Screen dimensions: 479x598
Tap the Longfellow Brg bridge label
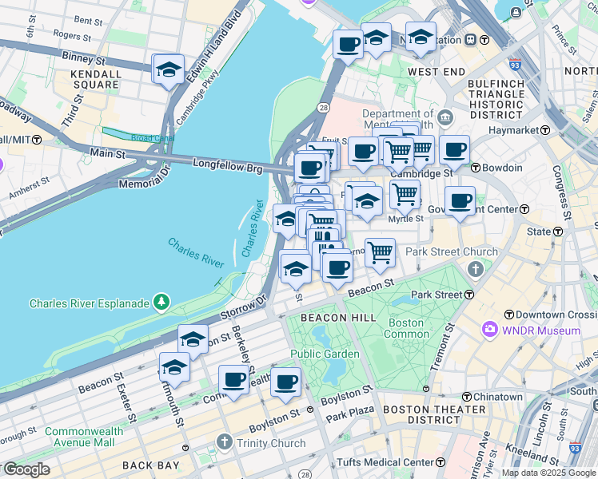tap(227, 164)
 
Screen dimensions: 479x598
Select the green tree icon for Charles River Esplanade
tap(161, 302)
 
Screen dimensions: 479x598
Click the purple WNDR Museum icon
tap(489, 330)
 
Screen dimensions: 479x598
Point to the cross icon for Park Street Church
tap(477, 268)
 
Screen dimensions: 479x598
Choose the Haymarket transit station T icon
tap(547, 129)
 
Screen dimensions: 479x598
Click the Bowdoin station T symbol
tap(474, 168)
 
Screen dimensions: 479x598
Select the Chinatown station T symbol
tap(466, 396)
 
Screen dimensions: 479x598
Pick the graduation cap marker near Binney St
tap(169, 69)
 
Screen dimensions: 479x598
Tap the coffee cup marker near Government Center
tap(460, 202)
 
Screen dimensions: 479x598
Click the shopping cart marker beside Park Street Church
tap(381, 252)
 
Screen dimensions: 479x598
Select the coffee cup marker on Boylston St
tap(285, 382)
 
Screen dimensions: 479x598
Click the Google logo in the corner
tap(26, 469)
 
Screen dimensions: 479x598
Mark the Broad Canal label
tap(133, 137)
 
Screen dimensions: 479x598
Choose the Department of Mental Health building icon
tap(445, 118)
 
